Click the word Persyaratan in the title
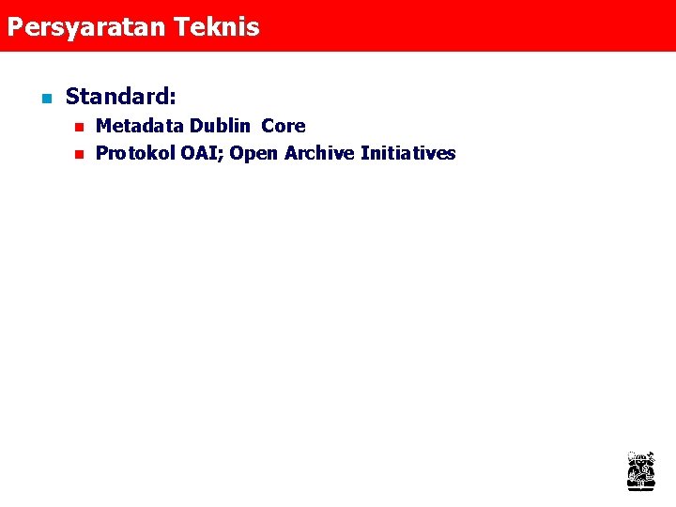tap(87, 27)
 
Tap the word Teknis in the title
tap(217, 26)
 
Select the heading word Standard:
tap(121, 97)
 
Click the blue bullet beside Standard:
tap(44, 98)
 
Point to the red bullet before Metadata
tap(79, 126)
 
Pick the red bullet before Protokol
tap(79, 154)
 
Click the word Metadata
tap(140, 126)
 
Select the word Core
tap(284, 126)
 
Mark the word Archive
tap(319, 154)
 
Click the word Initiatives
tap(408, 154)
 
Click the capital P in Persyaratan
tap(14, 26)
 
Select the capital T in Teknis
tap(181, 26)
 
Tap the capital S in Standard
tap(72, 97)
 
